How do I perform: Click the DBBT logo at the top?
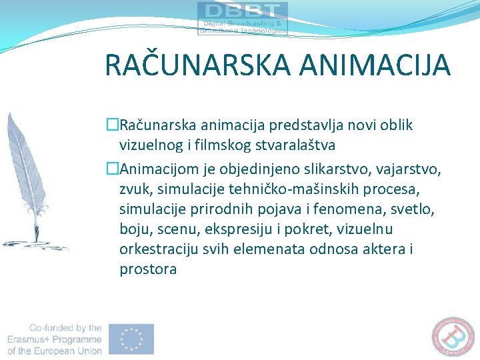(243, 18)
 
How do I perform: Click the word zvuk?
(135, 190)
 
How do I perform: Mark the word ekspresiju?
(242, 229)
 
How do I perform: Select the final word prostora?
(148, 269)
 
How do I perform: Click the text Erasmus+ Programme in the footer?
(55, 339)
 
